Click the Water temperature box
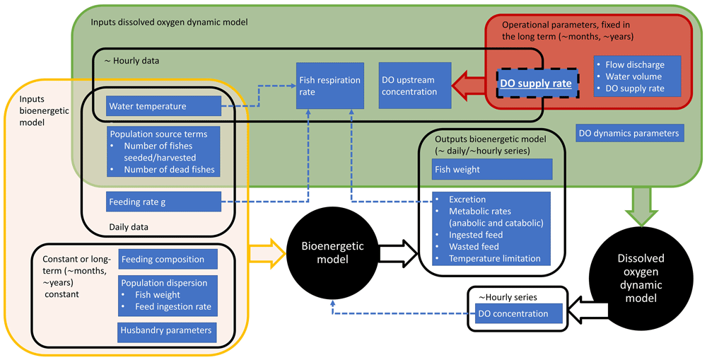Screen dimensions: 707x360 point(164,106)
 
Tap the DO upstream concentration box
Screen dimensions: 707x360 point(415,86)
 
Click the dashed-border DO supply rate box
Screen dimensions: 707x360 point(537,83)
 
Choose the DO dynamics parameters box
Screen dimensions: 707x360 point(629,133)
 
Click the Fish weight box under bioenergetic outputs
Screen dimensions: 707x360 point(492,169)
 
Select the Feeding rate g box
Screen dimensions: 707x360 point(164,202)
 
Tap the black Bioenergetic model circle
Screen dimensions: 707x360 point(332,253)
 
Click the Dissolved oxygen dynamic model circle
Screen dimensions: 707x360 point(641,277)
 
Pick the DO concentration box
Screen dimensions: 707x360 point(518,313)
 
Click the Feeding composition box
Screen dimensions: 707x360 point(168,260)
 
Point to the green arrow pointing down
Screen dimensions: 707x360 point(643,206)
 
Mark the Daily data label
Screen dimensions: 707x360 point(129,227)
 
